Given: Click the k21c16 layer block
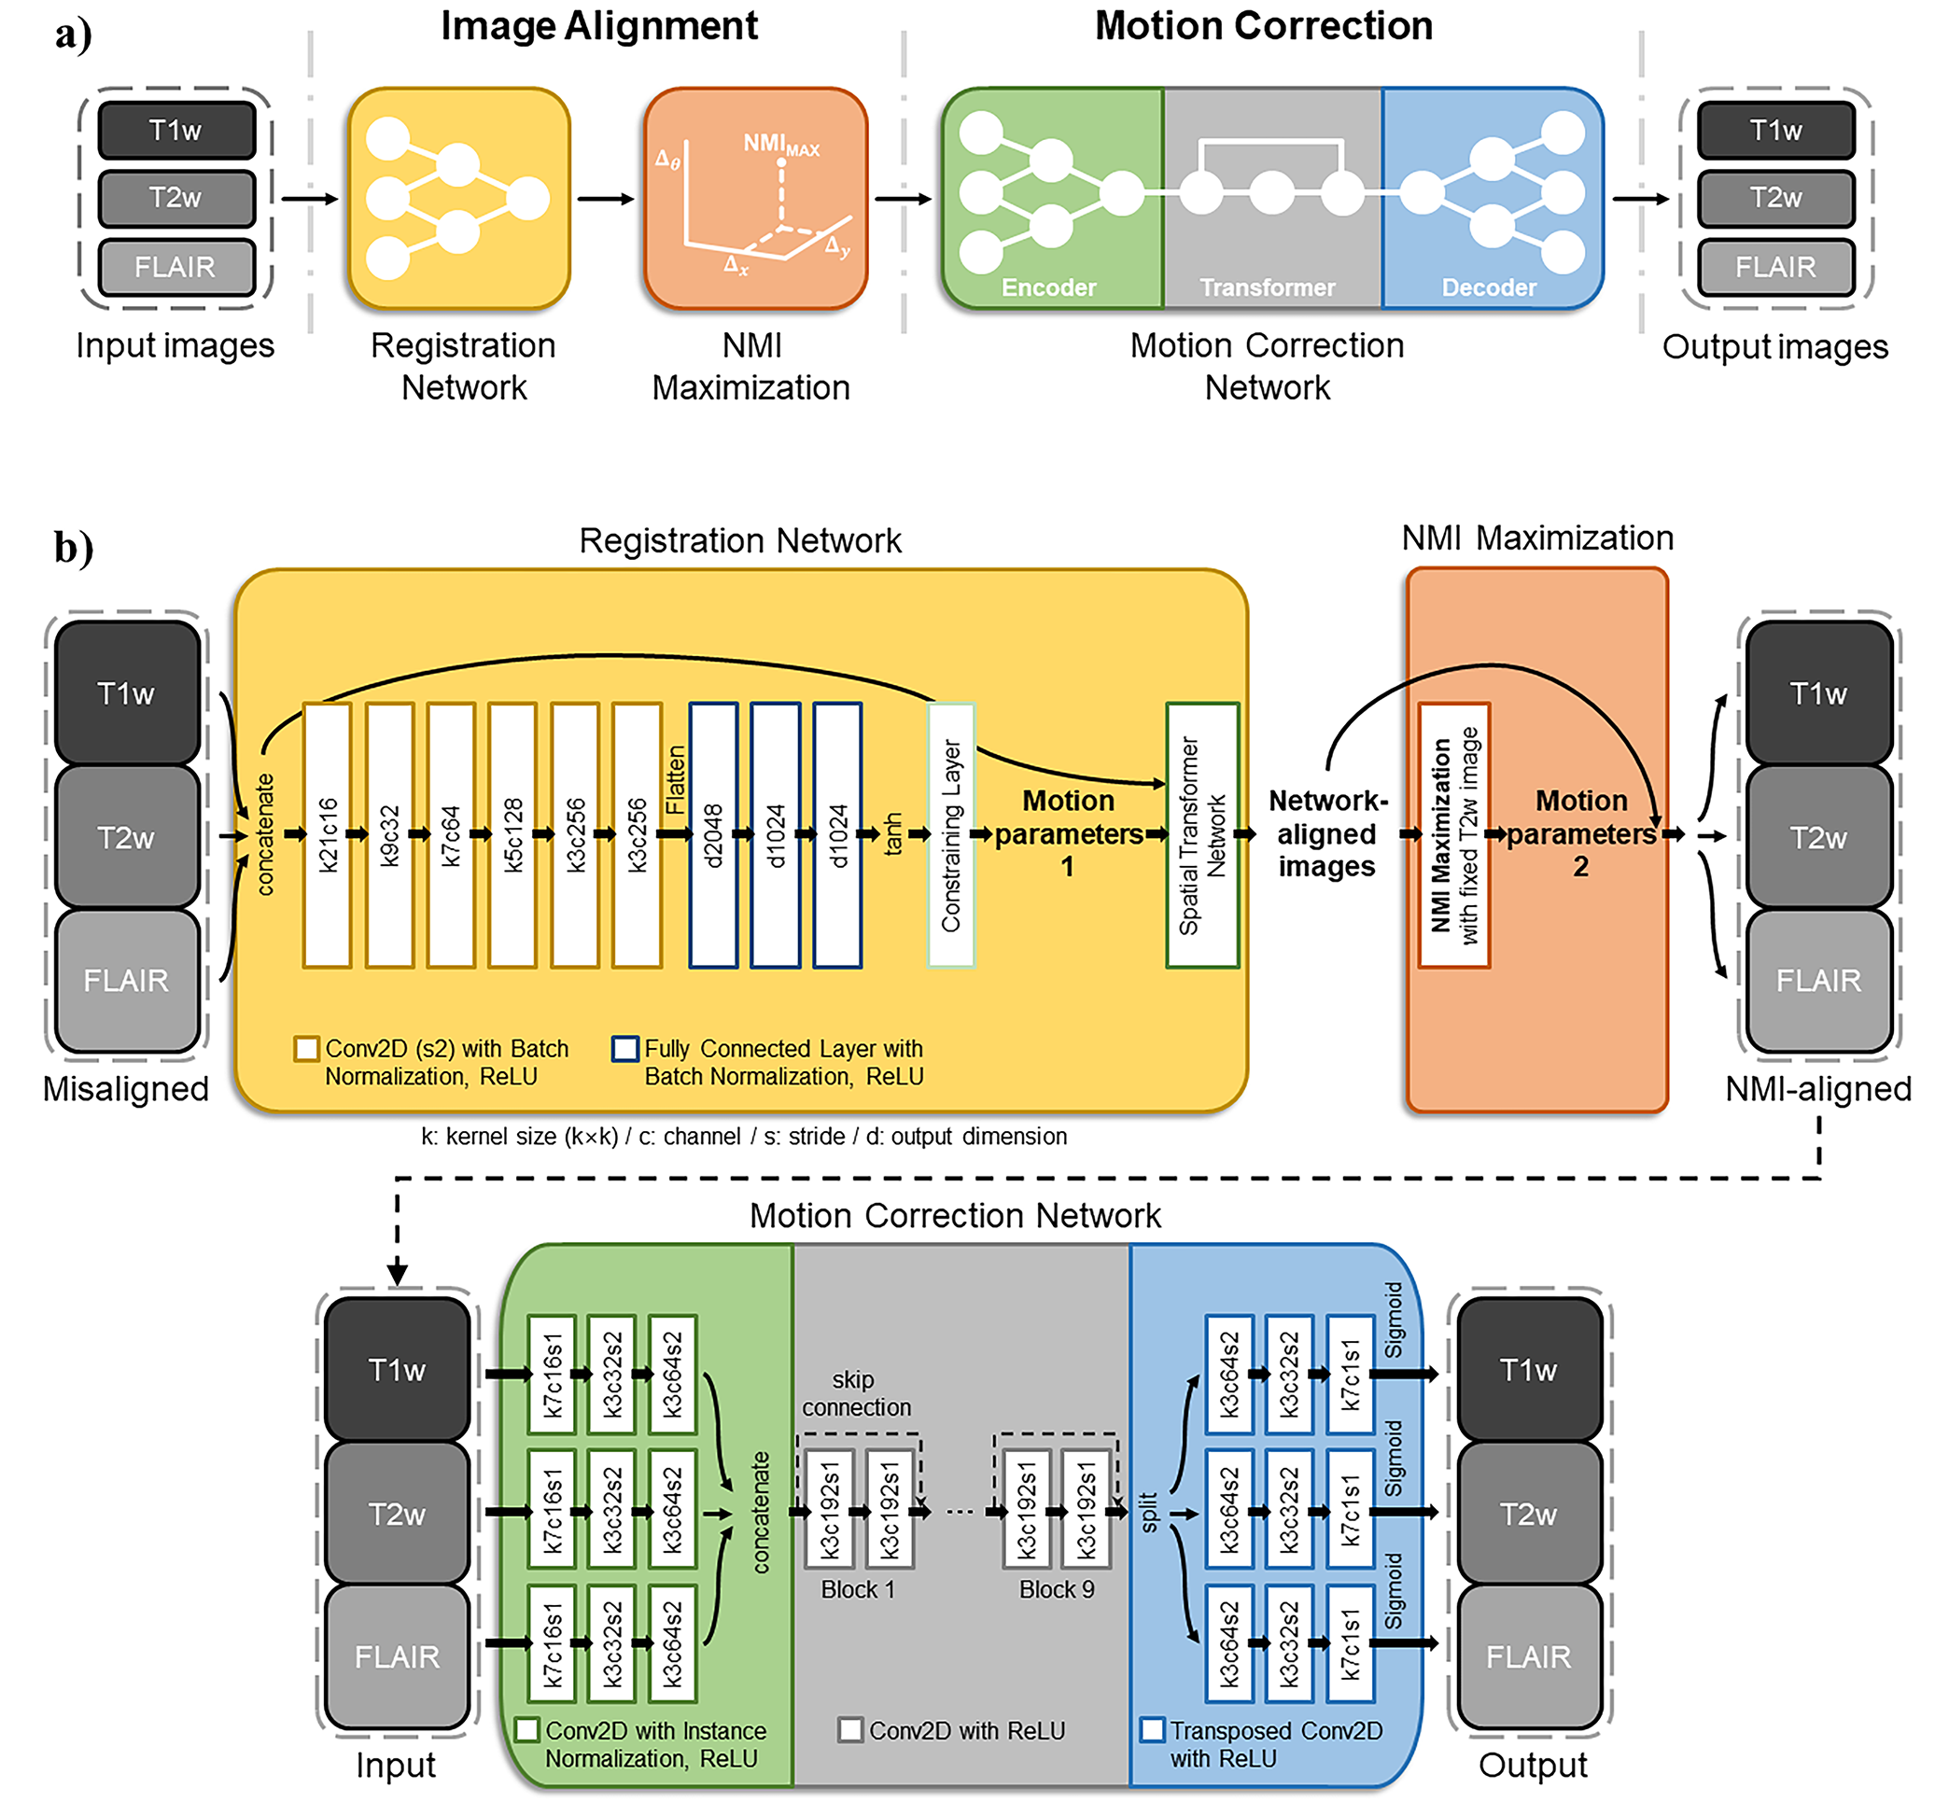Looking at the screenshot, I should [327, 835].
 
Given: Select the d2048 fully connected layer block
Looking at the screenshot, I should [713, 835].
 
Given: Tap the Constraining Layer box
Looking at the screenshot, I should [951, 835].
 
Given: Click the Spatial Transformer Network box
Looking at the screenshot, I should [1202, 835].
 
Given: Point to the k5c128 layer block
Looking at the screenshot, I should [513, 835].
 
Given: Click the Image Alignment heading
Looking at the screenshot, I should [598, 26].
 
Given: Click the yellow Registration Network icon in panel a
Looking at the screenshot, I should [459, 199].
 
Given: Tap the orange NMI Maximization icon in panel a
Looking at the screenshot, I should [755, 199].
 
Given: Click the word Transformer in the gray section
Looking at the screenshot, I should [1268, 288].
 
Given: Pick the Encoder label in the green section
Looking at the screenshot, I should [1048, 288].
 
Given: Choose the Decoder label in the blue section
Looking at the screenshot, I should [1488, 288].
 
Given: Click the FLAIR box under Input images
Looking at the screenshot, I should [176, 267].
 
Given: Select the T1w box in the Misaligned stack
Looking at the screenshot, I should [127, 692].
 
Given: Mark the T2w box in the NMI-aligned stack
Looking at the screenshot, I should [1818, 837].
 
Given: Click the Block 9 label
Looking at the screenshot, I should [1056, 1589].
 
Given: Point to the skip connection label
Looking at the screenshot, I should [856, 1393].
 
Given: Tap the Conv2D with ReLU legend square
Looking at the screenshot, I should [849, 1730].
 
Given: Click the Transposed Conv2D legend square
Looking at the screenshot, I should [1153, 1730].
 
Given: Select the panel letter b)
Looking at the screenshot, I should [74, 547].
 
